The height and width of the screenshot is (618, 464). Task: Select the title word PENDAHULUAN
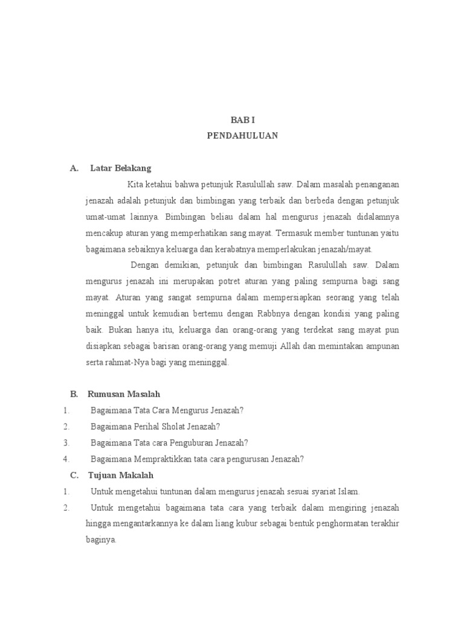pos(242,136)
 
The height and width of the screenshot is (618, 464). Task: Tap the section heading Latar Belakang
pos(121,168)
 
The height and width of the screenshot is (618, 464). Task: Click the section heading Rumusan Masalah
pos(124,394)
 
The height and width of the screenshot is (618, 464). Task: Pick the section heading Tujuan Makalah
pos(121,475)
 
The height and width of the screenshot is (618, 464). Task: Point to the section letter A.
pos(74,168)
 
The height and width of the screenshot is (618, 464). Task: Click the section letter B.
pos(74,394)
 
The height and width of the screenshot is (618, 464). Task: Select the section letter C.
pos(74,475)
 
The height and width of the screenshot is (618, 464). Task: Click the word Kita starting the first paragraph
pos(135,184)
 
